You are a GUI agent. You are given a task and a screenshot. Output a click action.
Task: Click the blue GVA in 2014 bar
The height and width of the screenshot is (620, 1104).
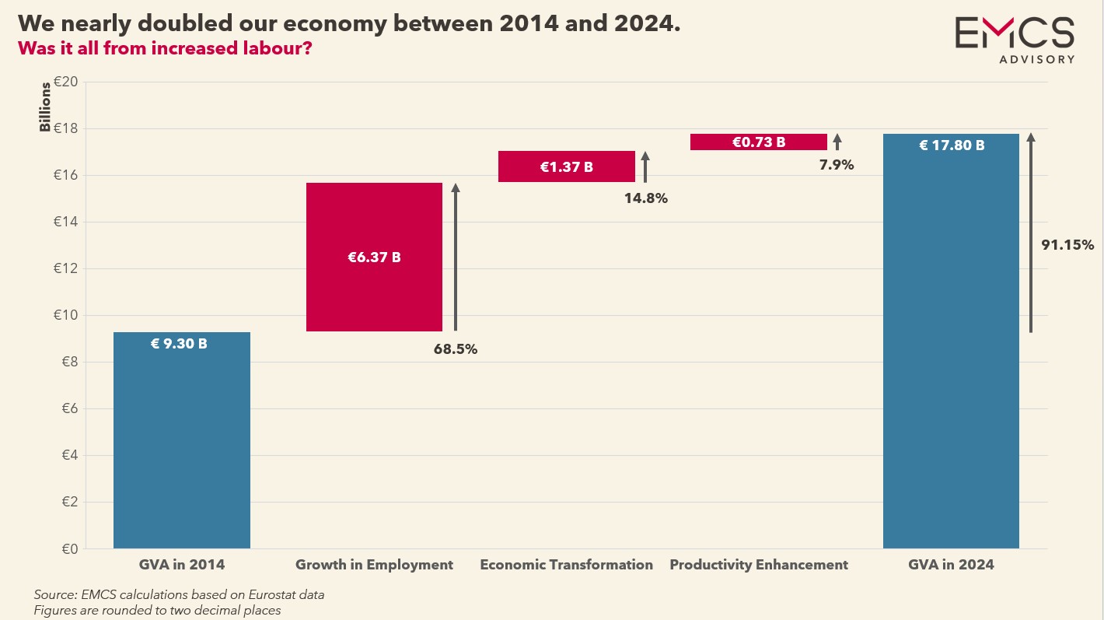click(x=182, y=440)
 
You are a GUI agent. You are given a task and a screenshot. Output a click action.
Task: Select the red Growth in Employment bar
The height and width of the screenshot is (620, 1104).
click(x=374, y=257)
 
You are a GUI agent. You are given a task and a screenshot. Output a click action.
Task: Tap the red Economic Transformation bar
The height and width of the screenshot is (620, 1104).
click(x=566, y=166)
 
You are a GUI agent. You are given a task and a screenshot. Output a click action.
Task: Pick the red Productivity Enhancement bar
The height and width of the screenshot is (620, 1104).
click(x=758, y=142)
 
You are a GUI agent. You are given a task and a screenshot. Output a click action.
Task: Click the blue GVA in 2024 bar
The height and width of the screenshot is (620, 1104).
click(x=951, y=342)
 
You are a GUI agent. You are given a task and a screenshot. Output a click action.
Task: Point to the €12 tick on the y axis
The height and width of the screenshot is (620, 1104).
click(x=66, y=269)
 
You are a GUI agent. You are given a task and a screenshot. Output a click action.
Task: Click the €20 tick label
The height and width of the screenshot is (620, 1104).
click(x=66, y=82)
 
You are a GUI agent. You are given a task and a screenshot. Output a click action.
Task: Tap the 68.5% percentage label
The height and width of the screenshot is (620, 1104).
click(x=456, y=349)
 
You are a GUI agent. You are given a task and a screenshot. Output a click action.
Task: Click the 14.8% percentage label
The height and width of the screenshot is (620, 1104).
click(x=646, y=198)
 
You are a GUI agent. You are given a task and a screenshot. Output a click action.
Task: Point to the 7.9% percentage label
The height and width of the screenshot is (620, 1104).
click(x=837, y=165)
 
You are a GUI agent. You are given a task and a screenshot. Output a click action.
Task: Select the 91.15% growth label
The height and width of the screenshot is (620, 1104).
click(x=1067, y=245)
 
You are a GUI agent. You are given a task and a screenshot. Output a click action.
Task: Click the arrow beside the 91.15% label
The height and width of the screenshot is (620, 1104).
click(x=1031, y=233)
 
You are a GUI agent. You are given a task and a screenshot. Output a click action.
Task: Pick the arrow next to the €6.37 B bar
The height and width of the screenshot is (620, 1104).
click(x=456, y=257)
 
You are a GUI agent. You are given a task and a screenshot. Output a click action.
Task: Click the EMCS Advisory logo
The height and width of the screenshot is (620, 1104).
click(x=1015, y=39)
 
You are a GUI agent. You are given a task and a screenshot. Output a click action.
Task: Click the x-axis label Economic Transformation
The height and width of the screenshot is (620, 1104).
click(x=566, y=565)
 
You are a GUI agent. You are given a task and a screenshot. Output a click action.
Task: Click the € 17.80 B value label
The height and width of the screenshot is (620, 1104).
click(x=952, y=145)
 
